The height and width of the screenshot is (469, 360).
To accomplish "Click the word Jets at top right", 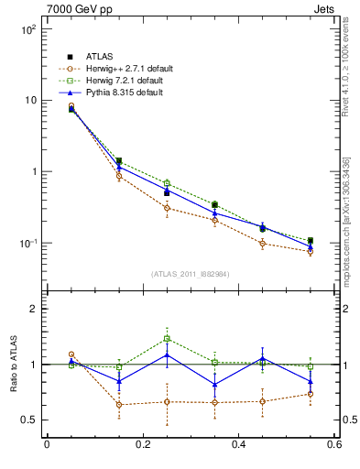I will [x=323, y=8].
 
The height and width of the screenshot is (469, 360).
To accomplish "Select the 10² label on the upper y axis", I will [x=27, y=29].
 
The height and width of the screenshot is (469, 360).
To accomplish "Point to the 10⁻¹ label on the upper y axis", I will [x=27, y=244].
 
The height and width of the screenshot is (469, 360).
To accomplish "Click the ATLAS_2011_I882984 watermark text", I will [x=190, y=274].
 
